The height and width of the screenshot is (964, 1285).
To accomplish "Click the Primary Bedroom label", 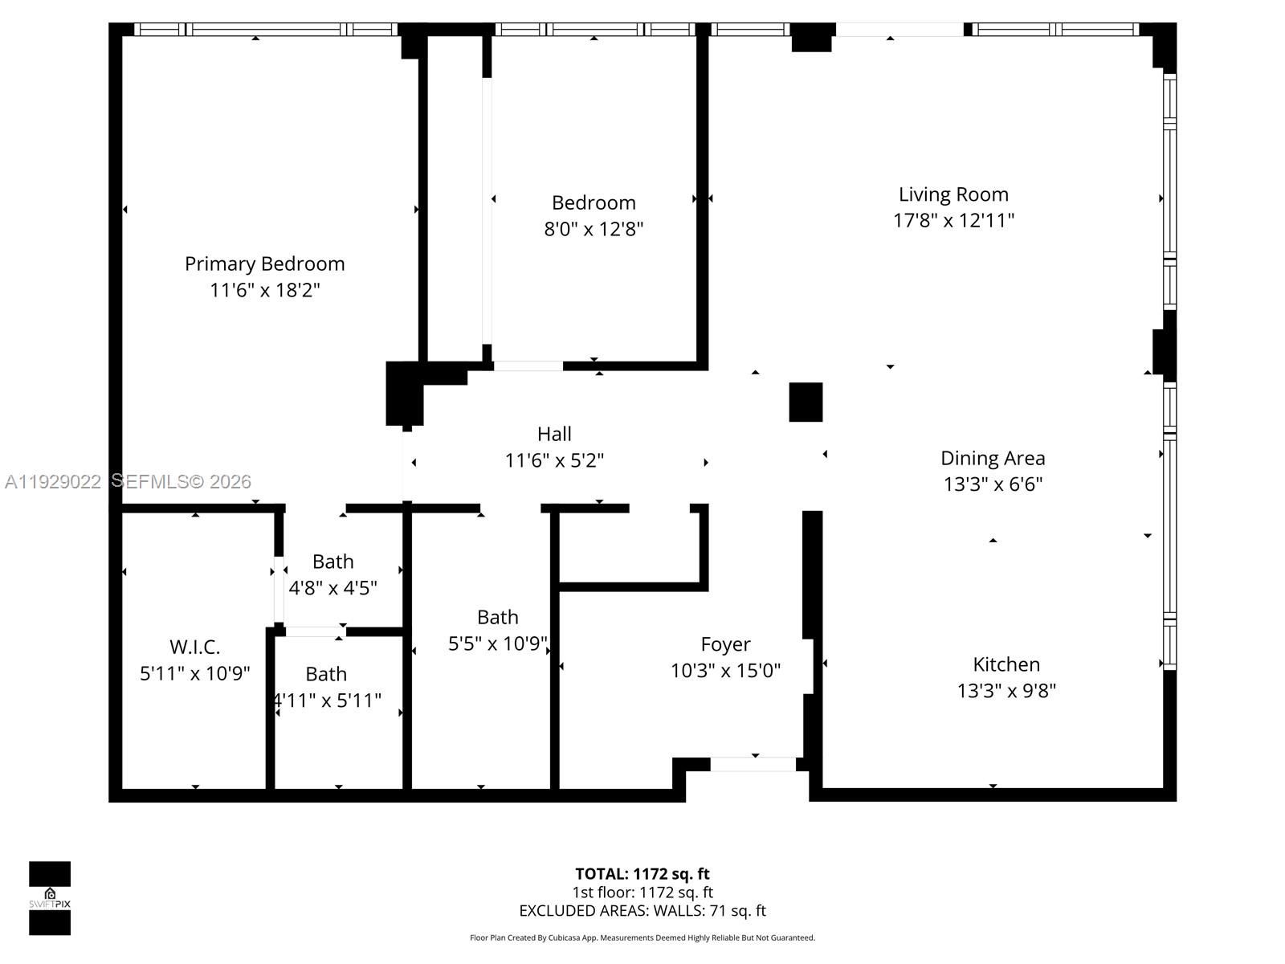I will (x=264, y=263).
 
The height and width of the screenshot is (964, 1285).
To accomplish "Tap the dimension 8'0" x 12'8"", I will (x=594, y=229).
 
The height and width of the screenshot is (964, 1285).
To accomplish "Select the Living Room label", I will (x=953, y=194).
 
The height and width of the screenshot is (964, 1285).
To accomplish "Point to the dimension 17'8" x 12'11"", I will (x=953, y=220).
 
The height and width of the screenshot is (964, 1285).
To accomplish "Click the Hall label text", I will (x=554, y=434).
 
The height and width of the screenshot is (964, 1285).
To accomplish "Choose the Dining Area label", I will (x=993, y=458).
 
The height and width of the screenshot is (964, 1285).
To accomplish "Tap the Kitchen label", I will (x=1006, y=664).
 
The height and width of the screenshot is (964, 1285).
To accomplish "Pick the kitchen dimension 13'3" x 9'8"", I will (x=1006, y=691).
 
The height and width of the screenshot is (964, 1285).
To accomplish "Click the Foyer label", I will (x=725, y=644).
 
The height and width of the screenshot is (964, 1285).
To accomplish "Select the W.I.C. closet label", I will (x=194, y=647).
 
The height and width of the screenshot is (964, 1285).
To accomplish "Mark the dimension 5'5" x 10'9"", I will (x=497, y=643).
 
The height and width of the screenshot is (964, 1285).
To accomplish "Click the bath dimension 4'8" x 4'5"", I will (x=332, y=588).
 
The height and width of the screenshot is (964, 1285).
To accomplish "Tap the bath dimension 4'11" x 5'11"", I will (x=327, y=701).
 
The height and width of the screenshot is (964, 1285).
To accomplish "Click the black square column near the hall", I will (x=806, y=402).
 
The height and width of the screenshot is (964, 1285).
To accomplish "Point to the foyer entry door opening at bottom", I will (x=753, y=764).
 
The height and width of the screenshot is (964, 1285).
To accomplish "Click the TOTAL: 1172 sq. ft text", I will (x=642, y=874).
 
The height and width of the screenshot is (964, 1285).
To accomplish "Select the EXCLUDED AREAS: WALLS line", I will (x=642, y=911).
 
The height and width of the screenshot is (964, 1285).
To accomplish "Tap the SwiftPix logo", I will (x=50, y=898).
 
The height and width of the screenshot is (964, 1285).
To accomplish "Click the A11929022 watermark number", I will (x=53, y=482).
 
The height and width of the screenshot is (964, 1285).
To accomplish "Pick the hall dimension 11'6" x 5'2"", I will (x=554, y=460).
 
